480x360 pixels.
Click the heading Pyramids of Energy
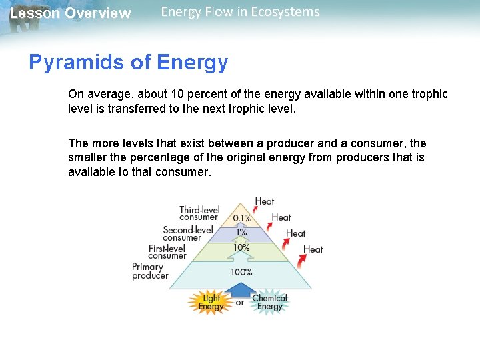(128, 63)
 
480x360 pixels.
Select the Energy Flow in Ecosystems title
(240, 12)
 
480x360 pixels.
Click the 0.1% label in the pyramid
(242, 218)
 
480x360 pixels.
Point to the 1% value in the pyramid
(241, 232)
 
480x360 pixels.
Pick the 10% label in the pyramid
(241, 247)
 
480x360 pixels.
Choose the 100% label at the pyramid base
(241, 272)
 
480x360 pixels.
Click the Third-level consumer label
(199, 213)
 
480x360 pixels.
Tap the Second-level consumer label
(187, 233)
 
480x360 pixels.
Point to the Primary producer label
(149, 271)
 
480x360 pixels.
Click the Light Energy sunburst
(211, 303)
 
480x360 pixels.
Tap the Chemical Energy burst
(269, 303)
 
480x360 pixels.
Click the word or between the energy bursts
(240, 303)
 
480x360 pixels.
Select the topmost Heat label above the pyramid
(265, 201)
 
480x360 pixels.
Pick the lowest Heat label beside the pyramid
(313, 249)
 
